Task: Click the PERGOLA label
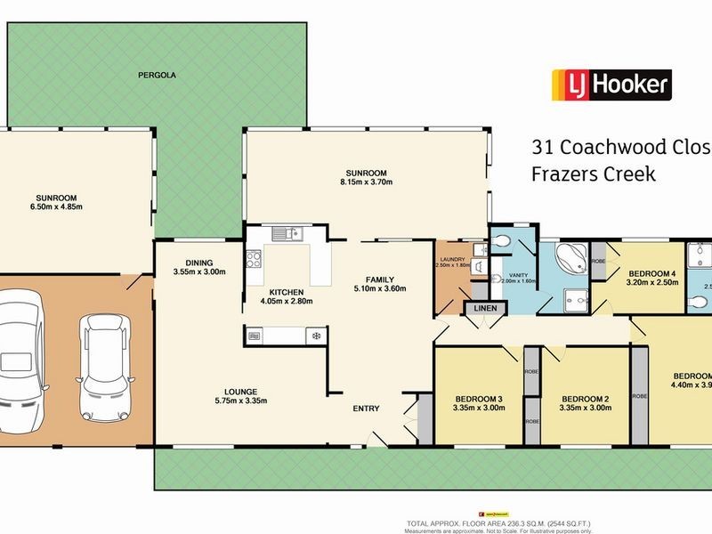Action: [x=157, y=76]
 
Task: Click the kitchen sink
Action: [x=287, y=235]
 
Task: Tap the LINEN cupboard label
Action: [x=486, y=308]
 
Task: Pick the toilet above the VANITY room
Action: [x=504, y=241]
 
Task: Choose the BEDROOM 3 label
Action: [x=480, y=398]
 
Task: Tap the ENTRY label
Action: [x=366, y=409]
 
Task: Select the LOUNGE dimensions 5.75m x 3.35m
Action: [x=241, y=400]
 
